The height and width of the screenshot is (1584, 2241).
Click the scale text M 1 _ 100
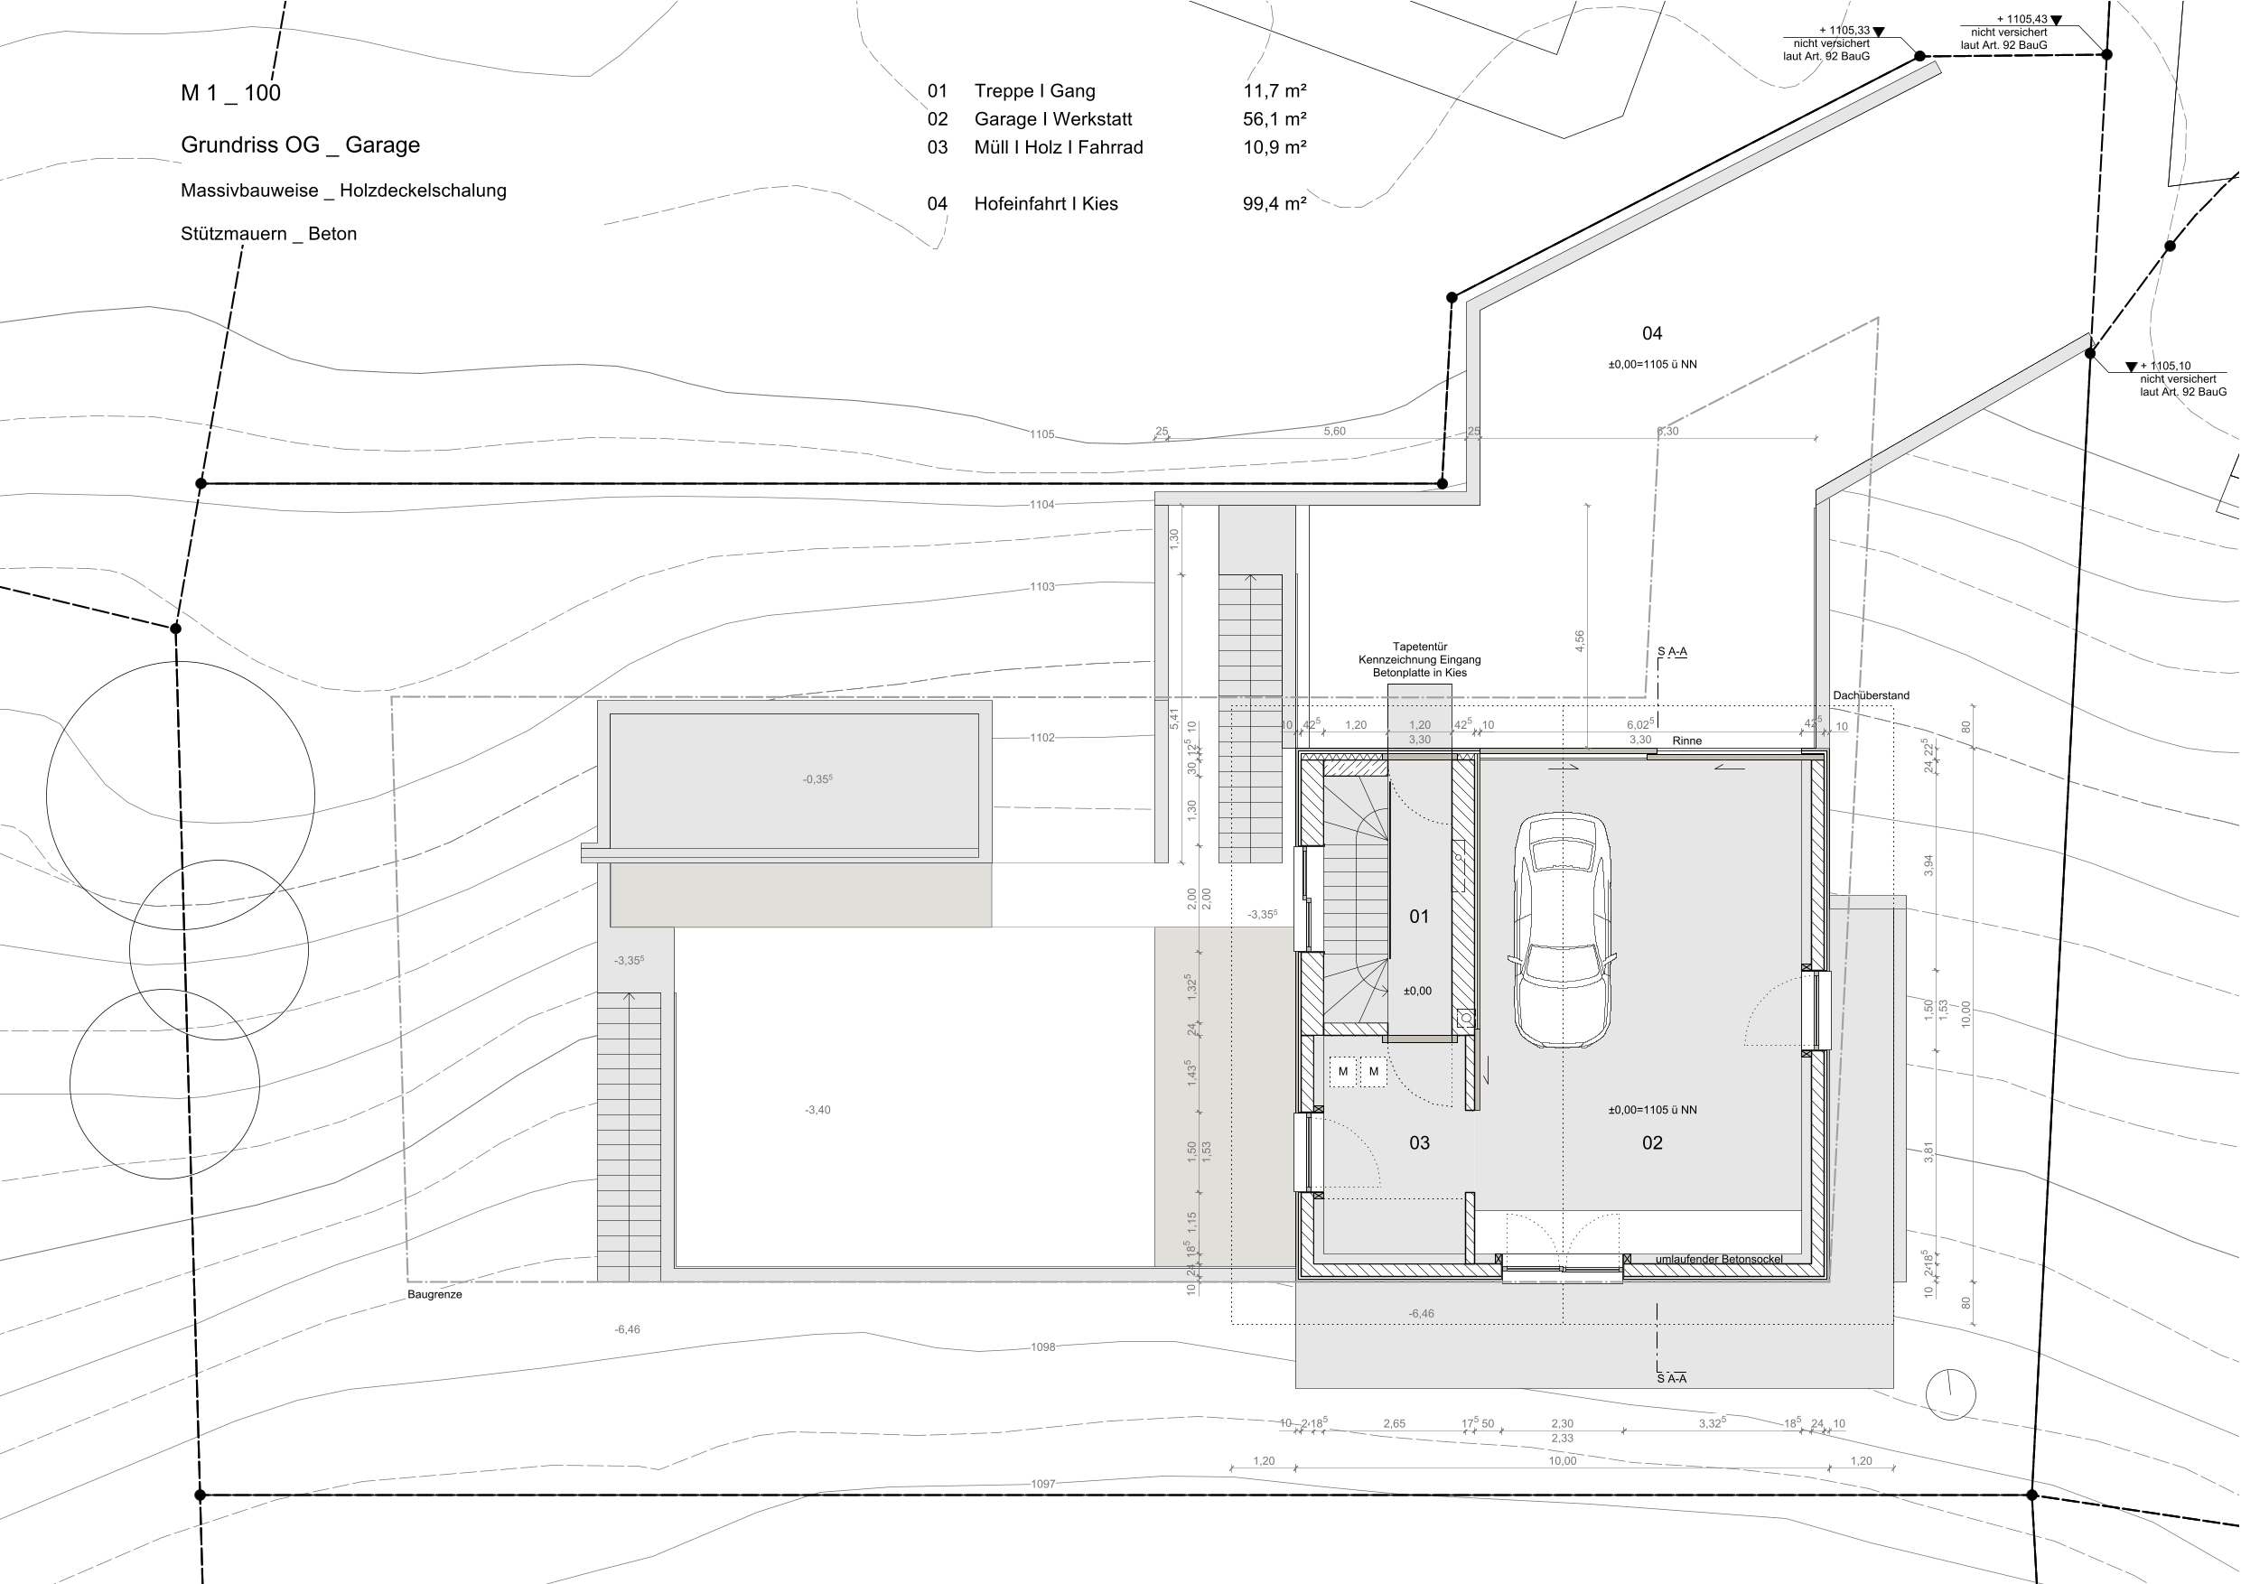[230, 93]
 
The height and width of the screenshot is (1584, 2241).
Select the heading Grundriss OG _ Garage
[301, 144]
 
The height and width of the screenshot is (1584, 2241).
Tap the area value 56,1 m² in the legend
[1275, 119]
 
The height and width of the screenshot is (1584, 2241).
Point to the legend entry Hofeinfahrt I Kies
[1045, 204]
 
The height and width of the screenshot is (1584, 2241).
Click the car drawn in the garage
[1562, 930]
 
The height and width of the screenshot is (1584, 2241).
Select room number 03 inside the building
[1419, 1143]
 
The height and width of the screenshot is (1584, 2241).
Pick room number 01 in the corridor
[1419, 917]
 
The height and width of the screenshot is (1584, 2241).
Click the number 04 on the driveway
[1651, 334]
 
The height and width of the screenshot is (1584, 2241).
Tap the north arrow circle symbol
[1950, 1393]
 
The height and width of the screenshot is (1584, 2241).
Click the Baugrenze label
[434, 1294]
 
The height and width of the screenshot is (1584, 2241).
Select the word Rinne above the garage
[1686, 741]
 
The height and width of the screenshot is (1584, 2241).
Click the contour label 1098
[1042, 1346]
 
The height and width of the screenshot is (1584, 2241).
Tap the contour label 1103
[1042, 587]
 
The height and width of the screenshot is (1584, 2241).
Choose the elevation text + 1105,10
[2165, 366]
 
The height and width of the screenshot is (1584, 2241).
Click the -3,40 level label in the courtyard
[818, 1110]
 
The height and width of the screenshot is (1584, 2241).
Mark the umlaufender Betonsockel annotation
[1719, 1259]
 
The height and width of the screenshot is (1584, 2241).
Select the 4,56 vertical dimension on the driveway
[1579, 641]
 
